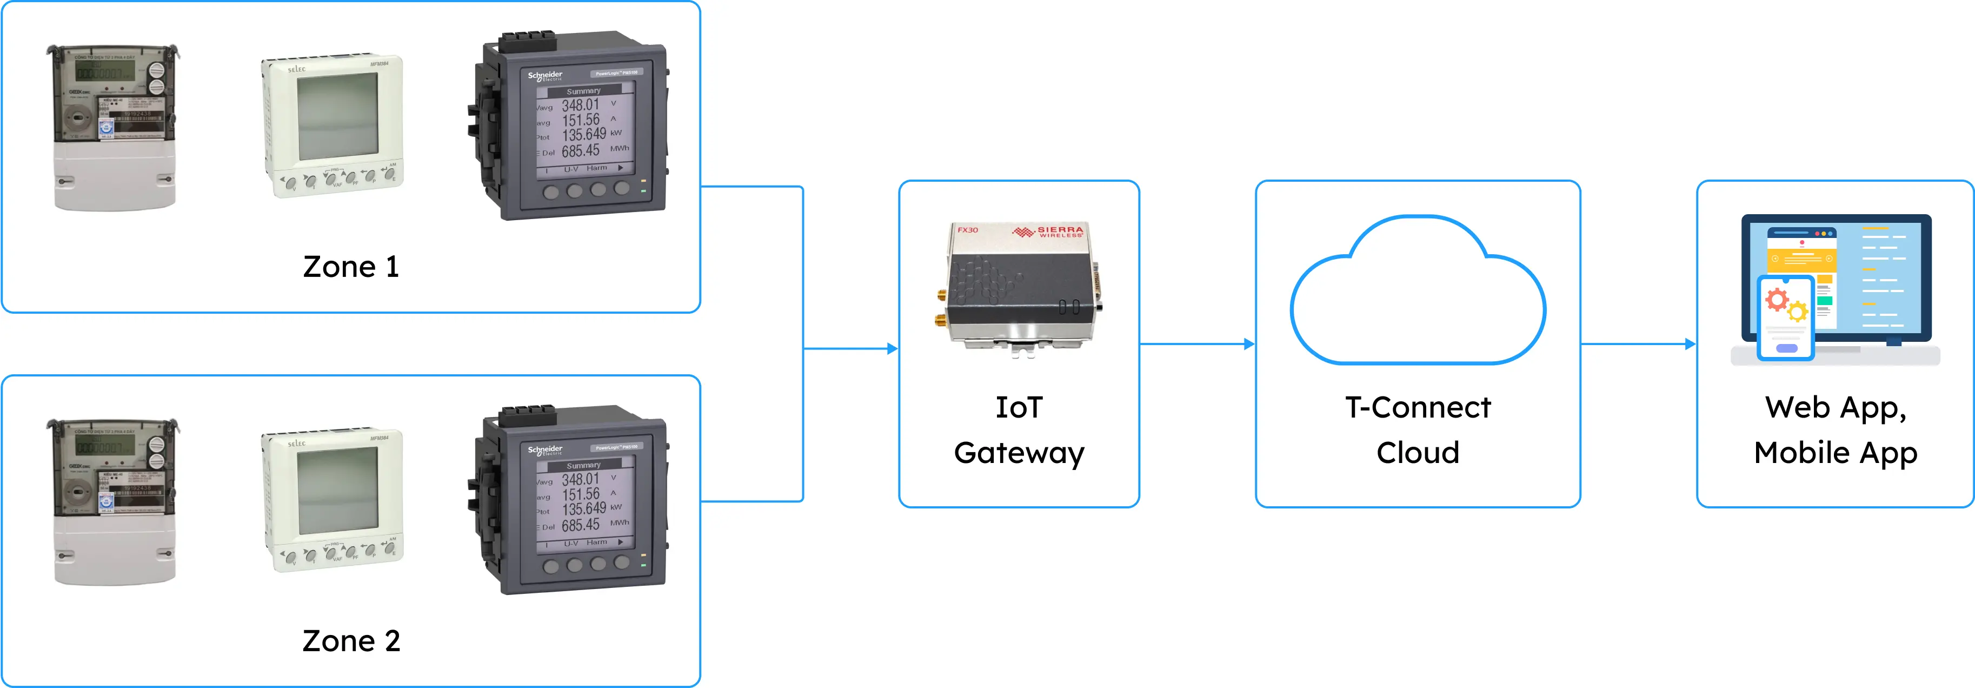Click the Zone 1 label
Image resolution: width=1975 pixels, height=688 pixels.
click(x=351, y=267)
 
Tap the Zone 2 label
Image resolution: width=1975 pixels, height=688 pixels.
click(x=351, y=641)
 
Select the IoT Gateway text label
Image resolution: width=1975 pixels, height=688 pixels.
click(x=1019, y=429)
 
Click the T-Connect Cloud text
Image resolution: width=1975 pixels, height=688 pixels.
click(x=1418, y=429)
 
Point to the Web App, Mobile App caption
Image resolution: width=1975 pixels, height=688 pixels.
click(x=1836, y=429)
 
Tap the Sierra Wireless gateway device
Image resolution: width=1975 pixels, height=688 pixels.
click(x=1020, y=288)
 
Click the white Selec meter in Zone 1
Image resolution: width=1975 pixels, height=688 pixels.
click(x=334, y=125)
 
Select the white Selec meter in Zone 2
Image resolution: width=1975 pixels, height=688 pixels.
click(x=334, y=499)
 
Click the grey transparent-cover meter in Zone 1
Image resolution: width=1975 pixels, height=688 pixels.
click(x=114, y=127)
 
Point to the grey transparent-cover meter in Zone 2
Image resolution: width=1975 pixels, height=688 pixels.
click(x=114, y=501)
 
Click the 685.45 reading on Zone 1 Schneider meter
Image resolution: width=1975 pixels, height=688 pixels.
click(x=580, y=151)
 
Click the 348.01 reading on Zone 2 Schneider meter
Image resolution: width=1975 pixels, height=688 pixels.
click(x=580, y=479)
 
